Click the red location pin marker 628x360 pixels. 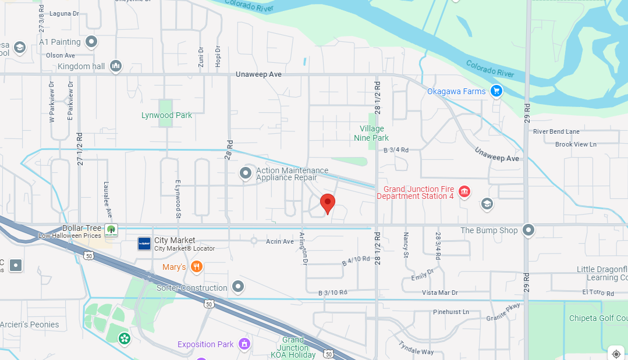328,204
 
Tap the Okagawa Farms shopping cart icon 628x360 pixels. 496,91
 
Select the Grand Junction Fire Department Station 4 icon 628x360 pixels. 464,191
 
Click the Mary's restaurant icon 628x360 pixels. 197,267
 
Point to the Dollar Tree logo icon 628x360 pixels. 111,230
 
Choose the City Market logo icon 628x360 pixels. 144,244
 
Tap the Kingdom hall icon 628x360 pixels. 116,66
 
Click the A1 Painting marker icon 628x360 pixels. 91,42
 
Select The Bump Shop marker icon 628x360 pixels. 528,230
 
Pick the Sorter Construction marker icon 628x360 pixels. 237,286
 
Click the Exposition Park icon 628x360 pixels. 244,344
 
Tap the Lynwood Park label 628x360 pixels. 166,115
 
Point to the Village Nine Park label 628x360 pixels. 371,133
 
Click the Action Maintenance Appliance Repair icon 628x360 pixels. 246,173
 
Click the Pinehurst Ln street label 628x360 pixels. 450,312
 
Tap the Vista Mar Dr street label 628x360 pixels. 439,293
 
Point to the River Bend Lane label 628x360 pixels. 556,131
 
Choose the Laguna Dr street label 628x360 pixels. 64,13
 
